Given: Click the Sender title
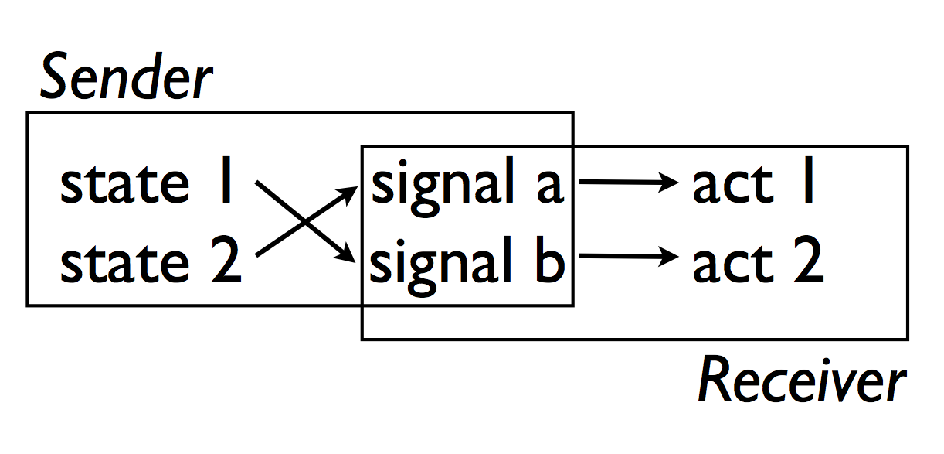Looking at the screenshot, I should (x=126, y=79).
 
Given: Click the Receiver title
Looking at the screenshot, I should (x=801, y=381).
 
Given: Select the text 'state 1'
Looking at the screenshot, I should (x=147, y=186).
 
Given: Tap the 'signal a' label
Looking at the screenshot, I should (x=467, y=187).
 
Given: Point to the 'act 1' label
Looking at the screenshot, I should (x=754, y=186).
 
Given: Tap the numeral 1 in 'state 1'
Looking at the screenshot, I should (x=225, y=184).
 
